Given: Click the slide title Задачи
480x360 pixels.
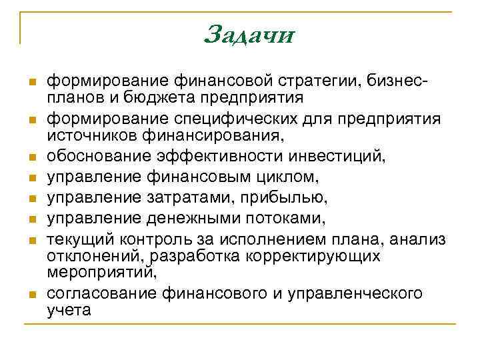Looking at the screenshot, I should coord(249,33).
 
